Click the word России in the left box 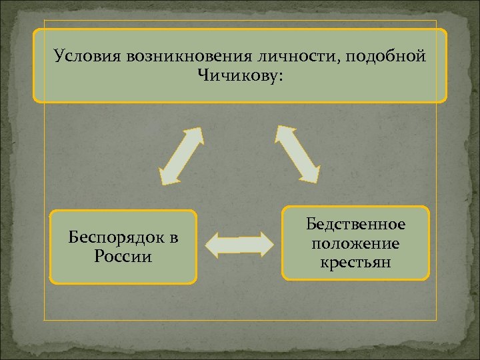tap(123, 257)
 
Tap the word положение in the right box tap(356, 243)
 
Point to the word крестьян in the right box tap(356, 262)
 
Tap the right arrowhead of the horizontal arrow tap(267, 245)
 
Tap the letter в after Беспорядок tap(173, 239)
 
